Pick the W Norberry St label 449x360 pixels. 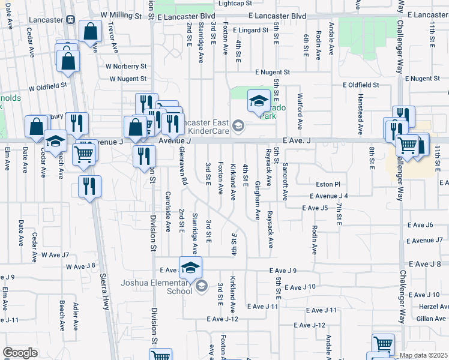(x=126, y=66)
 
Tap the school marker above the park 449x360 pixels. (x=259, y=101)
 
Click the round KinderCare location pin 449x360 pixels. (x=238, y=125)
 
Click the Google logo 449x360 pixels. (x=20, y=352)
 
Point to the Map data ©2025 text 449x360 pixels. (x=423, y=355)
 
